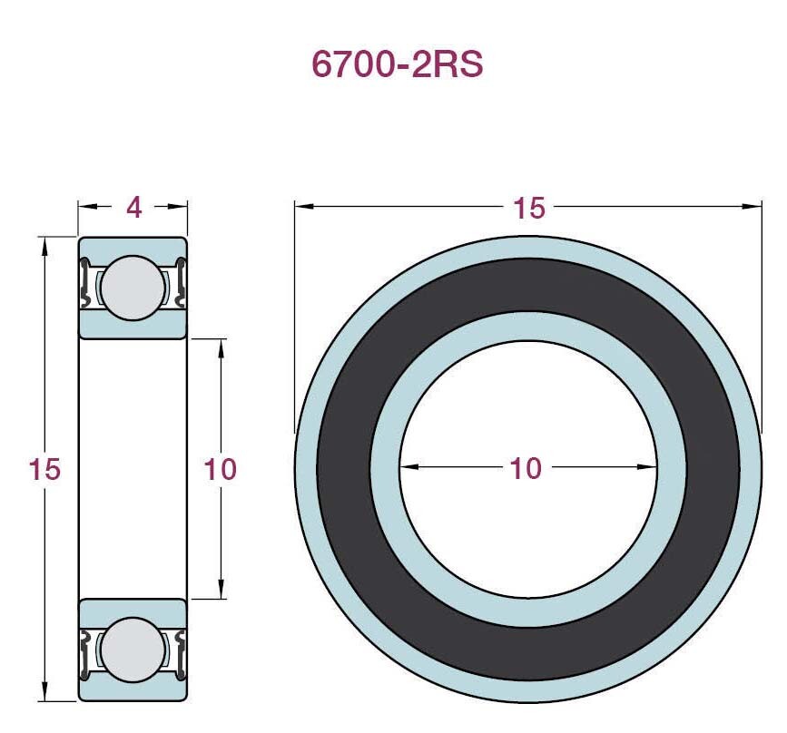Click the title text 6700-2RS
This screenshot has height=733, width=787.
pos(397,64)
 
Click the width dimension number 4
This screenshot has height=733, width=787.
pos(133,208)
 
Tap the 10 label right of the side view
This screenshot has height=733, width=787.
pos(220,469)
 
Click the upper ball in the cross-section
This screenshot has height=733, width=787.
pos(134,288)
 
